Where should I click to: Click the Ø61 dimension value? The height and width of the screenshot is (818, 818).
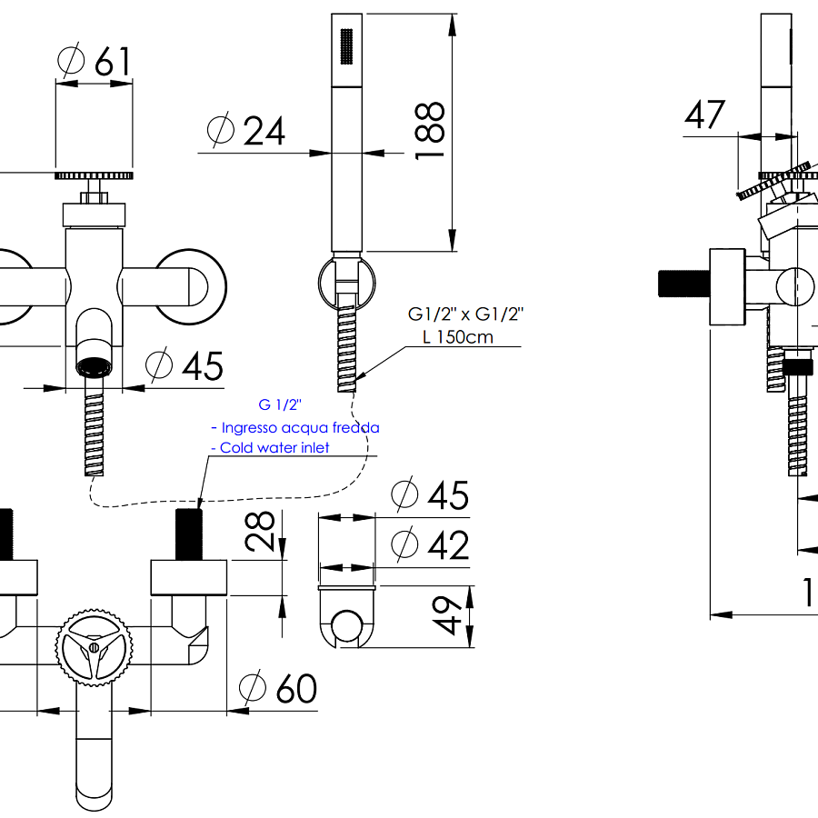click(95, 61)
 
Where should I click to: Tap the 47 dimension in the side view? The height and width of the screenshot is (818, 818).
click(705, 115)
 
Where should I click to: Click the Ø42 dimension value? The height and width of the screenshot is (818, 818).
click(430, 545)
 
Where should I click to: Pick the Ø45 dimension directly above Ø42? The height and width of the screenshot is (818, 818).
click(430, 495)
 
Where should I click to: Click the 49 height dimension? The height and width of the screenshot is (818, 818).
click(444, 617)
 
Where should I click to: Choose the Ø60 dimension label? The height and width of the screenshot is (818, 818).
click(278, 688)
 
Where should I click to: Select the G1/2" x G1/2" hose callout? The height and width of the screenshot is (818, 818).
click(465, 314)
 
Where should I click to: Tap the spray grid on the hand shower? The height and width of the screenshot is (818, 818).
click(345, 46)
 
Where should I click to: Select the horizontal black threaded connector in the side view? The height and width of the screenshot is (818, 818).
click(682, 283)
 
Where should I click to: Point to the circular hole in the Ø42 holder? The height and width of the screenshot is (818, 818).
click(346, 625)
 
